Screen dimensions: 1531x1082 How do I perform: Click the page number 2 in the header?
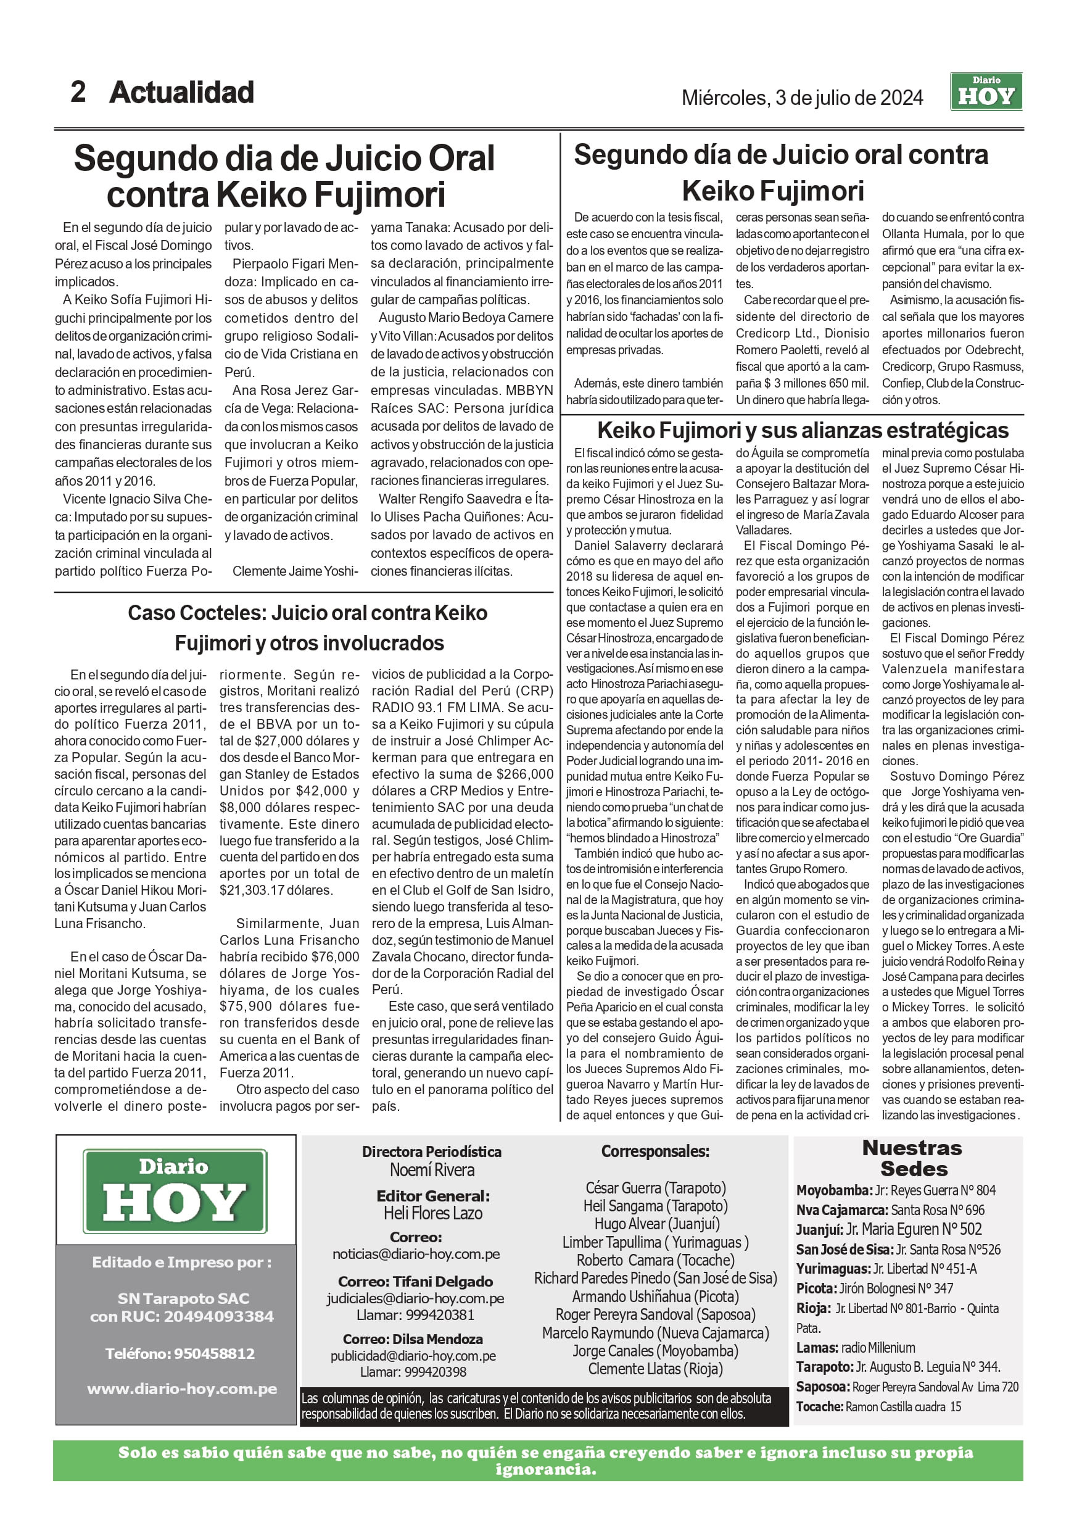[78, 92]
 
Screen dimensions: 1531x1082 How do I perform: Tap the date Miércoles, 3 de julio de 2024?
[801, 98]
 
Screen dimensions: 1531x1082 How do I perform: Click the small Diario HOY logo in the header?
[985, 92]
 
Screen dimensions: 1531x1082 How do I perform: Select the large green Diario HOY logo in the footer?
[175, 1191]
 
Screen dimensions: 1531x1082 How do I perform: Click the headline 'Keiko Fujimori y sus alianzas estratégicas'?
[803, 431]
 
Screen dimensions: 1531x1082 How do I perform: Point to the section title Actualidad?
[181, 92]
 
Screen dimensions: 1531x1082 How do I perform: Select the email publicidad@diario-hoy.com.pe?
[413, 1356]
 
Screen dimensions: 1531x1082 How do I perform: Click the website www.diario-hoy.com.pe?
[181, 1389]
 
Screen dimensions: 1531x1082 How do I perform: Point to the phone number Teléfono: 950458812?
[180, 1354]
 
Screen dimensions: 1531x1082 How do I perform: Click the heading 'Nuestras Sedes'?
[911, 1158]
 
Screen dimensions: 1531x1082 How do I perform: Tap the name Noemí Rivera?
[432, 1170]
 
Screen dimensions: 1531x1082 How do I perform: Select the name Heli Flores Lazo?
[432, 1213]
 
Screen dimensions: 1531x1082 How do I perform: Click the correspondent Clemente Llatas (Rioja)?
[655, 1369]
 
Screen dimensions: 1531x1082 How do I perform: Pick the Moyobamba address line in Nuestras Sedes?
[895, 1190]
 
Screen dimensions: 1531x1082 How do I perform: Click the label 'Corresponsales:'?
[655, 1151]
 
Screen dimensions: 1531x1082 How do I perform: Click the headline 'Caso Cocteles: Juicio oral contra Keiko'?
[307, 613]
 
